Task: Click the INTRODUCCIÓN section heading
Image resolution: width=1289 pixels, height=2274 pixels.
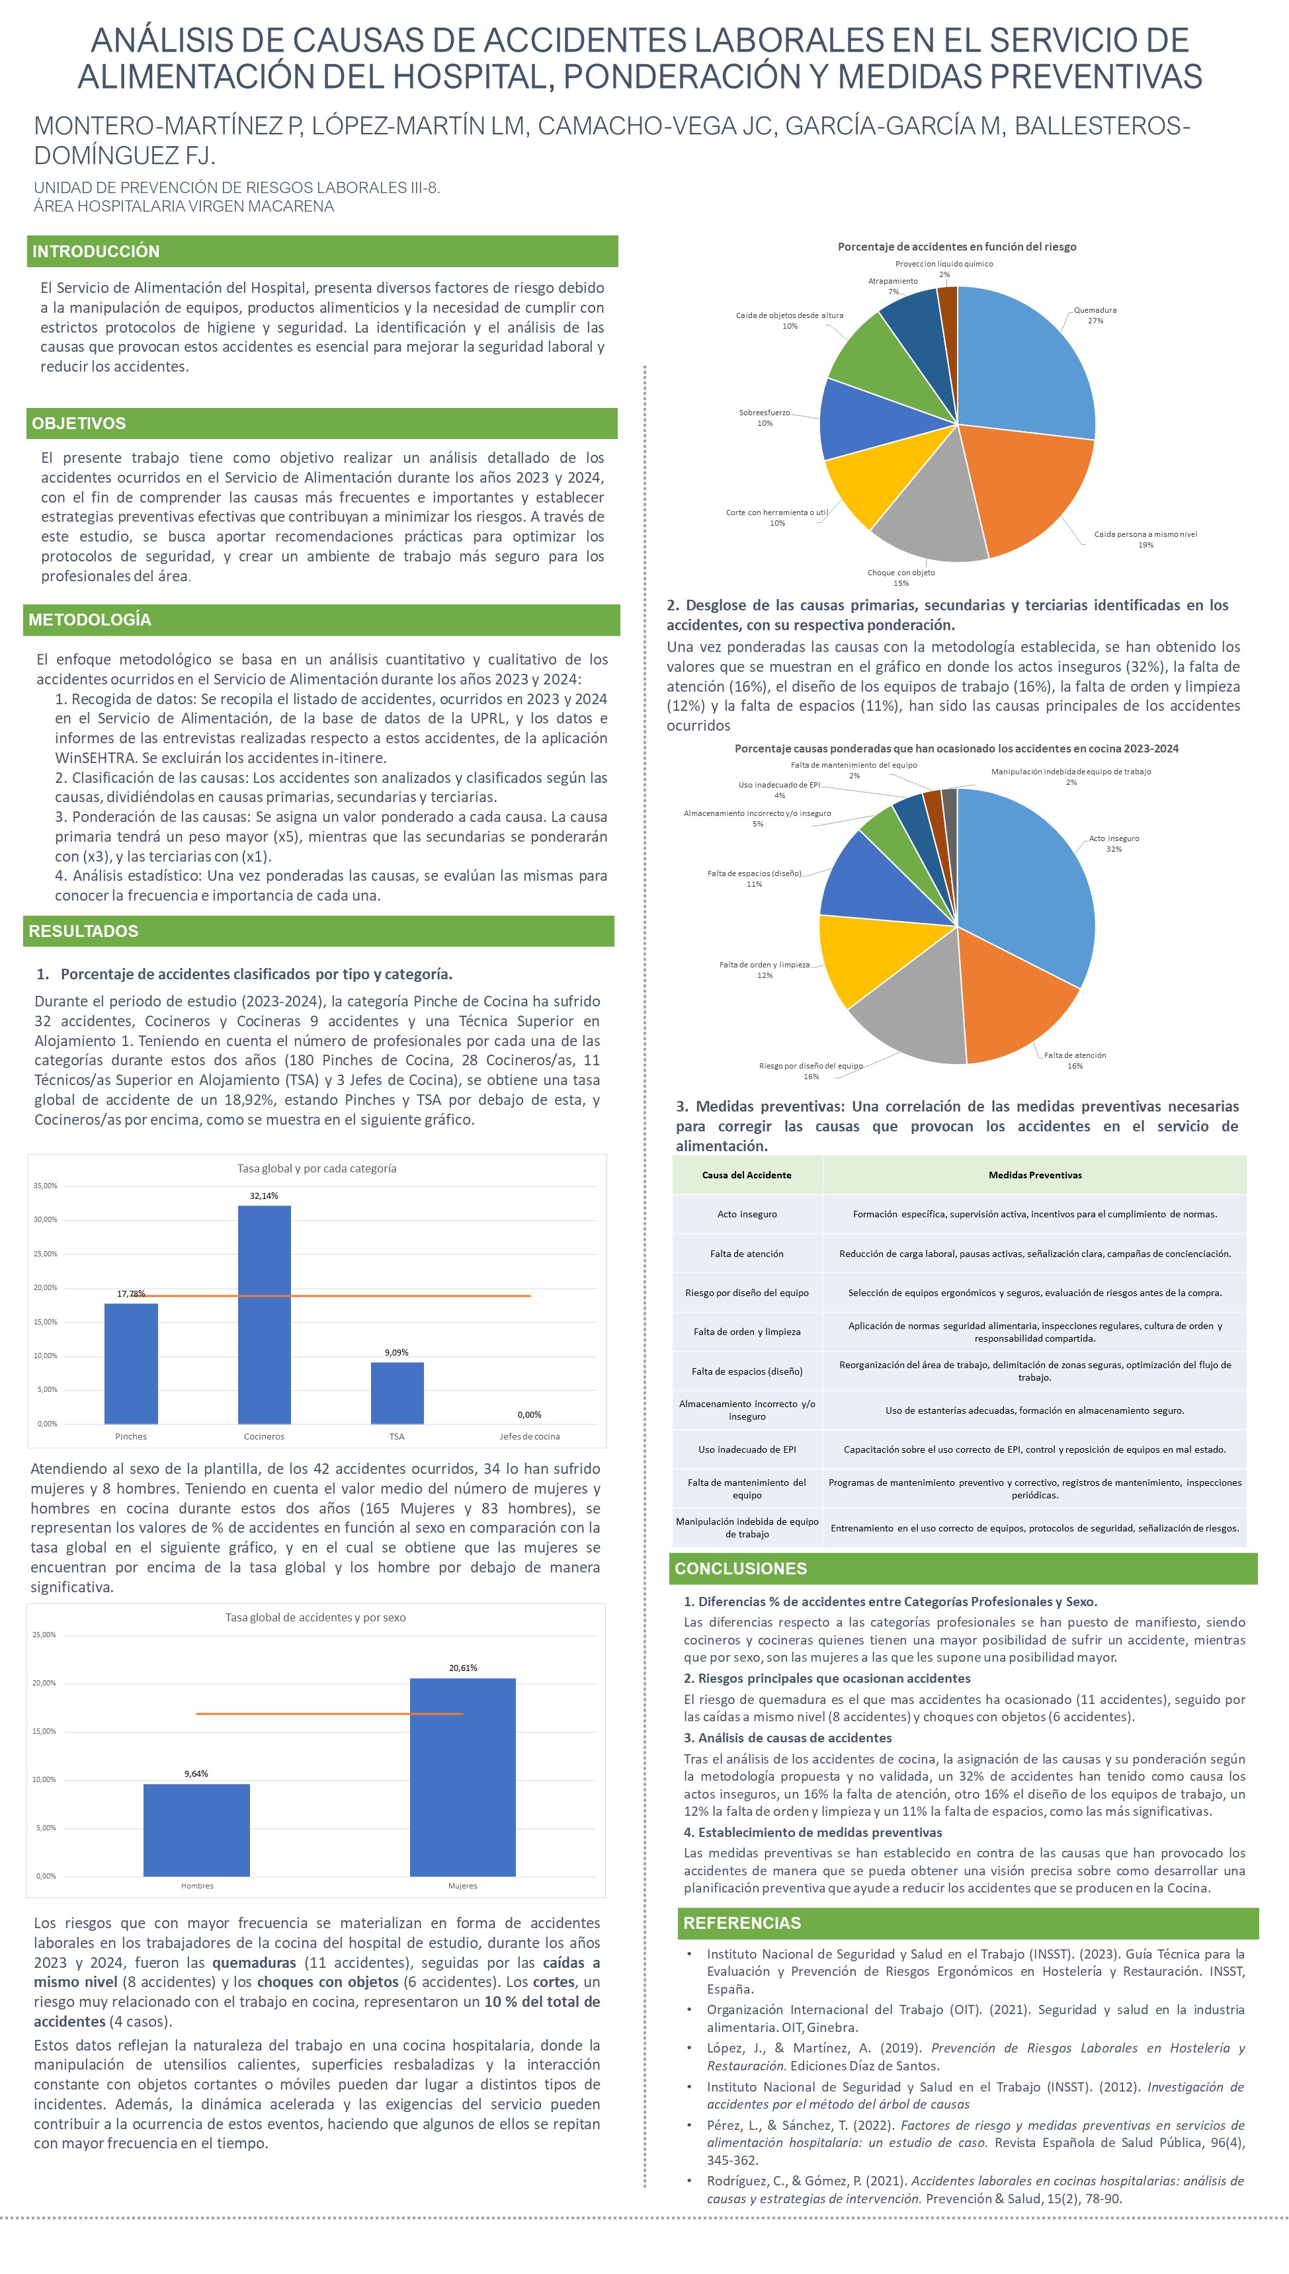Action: [96, 251]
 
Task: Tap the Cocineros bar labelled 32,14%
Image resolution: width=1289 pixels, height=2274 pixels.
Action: [264, 1314]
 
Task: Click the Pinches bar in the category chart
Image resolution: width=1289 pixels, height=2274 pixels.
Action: [131, 1363]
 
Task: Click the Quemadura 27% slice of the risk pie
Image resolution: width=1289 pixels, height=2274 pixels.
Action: [1027, 363]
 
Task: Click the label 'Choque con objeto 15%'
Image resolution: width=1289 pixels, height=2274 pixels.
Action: [900, 578]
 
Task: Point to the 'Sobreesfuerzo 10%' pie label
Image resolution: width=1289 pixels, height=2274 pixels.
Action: [764, 418]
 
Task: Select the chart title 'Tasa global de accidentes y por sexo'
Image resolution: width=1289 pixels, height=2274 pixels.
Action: [315, 1617]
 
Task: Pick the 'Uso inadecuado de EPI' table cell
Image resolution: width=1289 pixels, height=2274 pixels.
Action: [746, 1449]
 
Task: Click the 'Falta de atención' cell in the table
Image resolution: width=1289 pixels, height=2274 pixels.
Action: [746, 1254]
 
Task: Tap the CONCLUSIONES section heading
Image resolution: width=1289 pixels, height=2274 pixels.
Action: [740, 1568]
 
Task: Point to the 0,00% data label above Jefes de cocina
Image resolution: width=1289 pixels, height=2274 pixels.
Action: [529, 1414]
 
